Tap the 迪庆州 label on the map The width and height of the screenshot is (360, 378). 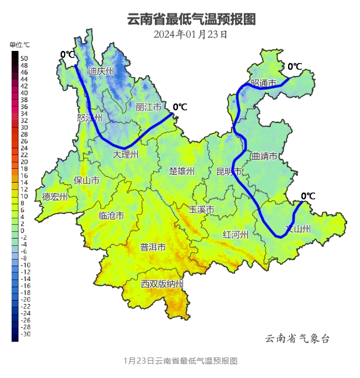pos(101,71)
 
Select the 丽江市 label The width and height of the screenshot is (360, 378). pos(149,107)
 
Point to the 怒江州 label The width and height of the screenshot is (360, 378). pos(90,118)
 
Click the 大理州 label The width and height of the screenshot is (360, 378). pos(125,153)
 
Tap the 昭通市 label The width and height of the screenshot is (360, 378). pos(263,83)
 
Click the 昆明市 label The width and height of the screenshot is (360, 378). pos(229,171)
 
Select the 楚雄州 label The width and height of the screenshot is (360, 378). pos(182,171)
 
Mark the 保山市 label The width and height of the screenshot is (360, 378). pos(87,180)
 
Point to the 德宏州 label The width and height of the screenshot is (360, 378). pos(55,196)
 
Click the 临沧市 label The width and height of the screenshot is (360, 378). pos(111,215)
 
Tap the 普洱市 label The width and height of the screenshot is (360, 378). pos(153,247)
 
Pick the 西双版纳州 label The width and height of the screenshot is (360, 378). pos(161,284)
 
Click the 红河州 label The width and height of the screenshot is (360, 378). pos(235,234)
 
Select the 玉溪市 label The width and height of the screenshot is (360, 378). pos(201,210)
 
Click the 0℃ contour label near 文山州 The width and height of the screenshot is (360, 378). pos(308,195)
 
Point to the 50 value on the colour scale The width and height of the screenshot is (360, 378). pos(24,58)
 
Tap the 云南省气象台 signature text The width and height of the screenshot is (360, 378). pos(298,339)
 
